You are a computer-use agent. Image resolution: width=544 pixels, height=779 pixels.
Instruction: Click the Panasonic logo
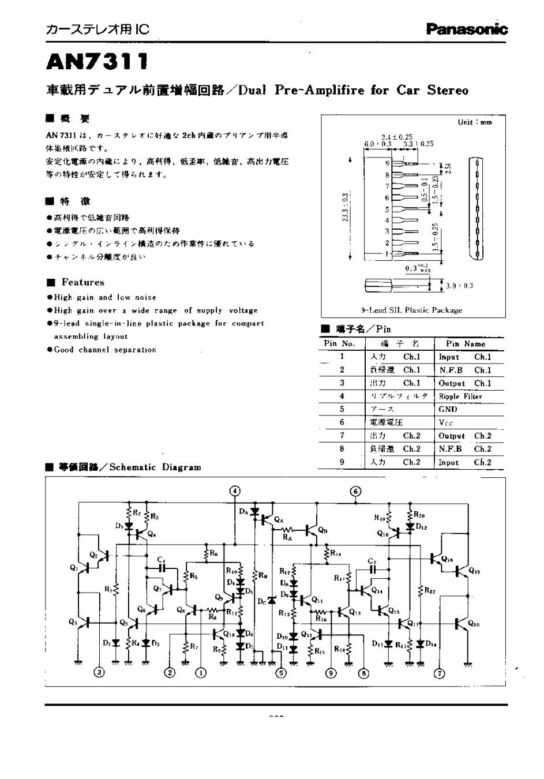pyautogui.click(x=467, y=28)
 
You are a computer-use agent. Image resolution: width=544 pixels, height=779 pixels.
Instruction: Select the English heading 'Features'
pyautogui.click(x=83, y=282)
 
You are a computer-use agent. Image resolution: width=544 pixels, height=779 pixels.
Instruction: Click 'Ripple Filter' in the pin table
pyautogui.click(x=460, y=396)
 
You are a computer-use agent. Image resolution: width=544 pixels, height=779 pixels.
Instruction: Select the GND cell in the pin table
pyautogui.click(x=448, y=409)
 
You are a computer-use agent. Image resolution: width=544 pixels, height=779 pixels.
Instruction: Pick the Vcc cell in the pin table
pyautogui.click(x=446, y=422)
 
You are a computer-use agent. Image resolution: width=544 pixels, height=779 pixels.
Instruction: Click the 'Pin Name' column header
pyautogui.click(x=466, y=343)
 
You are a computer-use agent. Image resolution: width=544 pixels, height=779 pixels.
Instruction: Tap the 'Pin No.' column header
pyautogui.click(x=340, y=343)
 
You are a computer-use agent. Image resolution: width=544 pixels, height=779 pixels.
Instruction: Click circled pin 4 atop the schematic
pyautogui.click(x=235, y=491)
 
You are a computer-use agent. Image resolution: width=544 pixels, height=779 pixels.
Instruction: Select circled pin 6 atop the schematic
pyautogui.click(x=356, y=491)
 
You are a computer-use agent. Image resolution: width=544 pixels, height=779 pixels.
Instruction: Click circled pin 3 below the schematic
pyautogui.click(x=100, y=672)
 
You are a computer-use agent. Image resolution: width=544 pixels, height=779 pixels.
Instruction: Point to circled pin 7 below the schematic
pyautogui.click(x=440, y=672)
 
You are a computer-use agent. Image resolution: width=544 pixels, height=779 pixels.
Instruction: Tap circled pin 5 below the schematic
pyautogui.click(x=281, y=672)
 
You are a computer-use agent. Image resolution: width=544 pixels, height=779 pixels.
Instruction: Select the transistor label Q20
pyautogui.click(x=473, y=623)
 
